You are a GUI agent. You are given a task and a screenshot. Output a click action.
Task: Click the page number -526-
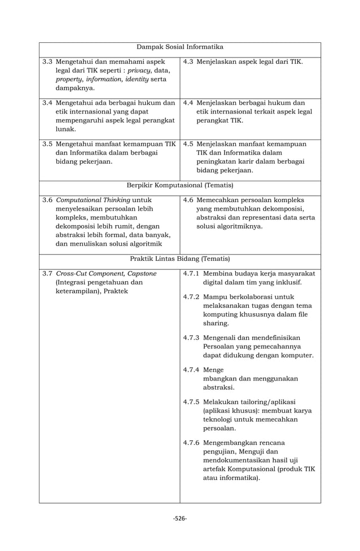tap(180, 519)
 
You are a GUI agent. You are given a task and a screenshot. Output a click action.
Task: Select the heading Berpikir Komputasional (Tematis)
tap(180, 185)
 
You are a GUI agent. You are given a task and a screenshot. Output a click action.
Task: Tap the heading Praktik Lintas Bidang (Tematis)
tap(180, 259)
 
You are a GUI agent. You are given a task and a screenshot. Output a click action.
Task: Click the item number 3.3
tap(48, 61)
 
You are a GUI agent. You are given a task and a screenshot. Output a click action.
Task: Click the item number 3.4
tap(48, 103)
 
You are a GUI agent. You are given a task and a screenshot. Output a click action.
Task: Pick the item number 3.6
tap(48, 199)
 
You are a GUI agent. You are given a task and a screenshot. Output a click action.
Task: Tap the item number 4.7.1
tap(192, 274)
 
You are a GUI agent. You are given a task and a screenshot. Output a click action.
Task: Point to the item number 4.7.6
tap(192, 443)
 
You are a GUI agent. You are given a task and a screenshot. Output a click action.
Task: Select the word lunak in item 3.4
tap(66, 129)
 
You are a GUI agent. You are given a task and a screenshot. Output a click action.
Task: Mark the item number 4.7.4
tap(192, 370)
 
